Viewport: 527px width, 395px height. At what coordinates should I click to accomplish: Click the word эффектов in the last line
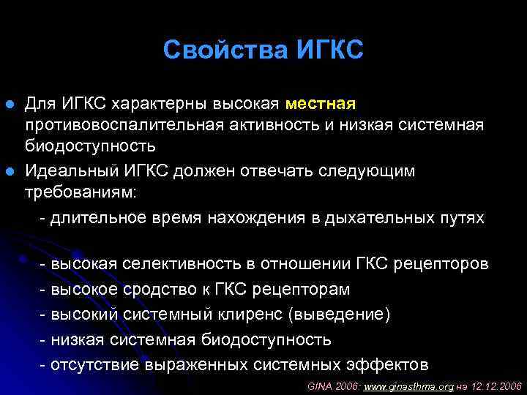393,364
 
